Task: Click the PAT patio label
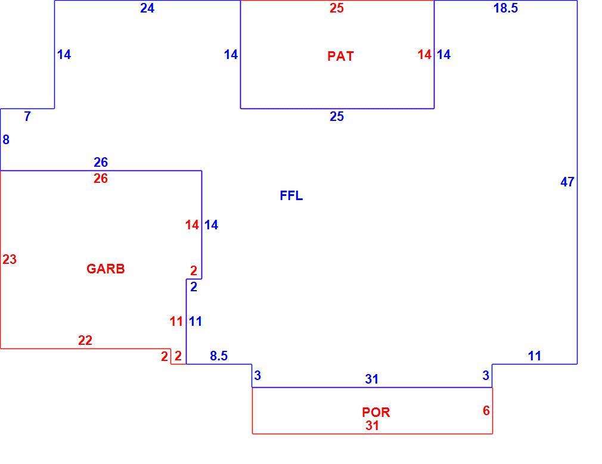pos(340,56)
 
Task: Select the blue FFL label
pos(291,196)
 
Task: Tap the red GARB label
pos(105,269)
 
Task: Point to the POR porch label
pos(376,412)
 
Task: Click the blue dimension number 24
pos(147,8)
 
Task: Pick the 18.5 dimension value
pos(505,8)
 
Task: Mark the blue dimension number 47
pos(567,182)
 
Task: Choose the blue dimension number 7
pos(27,116)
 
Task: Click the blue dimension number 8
pos(6,140)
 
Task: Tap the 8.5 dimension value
pos(219,356)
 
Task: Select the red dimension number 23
pos(10,260)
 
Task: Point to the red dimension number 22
pos(85,341)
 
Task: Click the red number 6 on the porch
pos(486,410)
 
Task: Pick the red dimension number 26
pos(101,179)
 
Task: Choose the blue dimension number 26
pos(101,163)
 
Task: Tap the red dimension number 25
pos(337,8)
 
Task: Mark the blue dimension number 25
pos(337,117)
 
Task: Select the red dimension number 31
pos(372,426)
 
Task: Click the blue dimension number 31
pos(372,379)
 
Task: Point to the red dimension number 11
pos(176,322)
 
